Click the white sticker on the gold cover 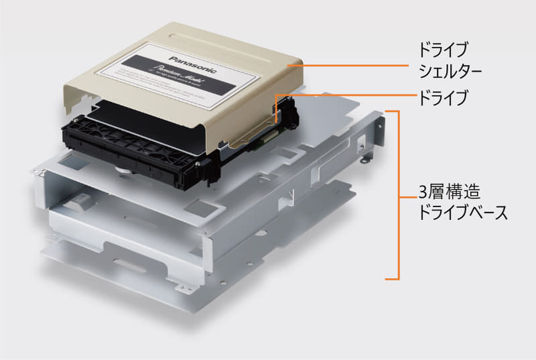click(174, 74)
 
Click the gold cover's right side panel click(255, 114)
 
